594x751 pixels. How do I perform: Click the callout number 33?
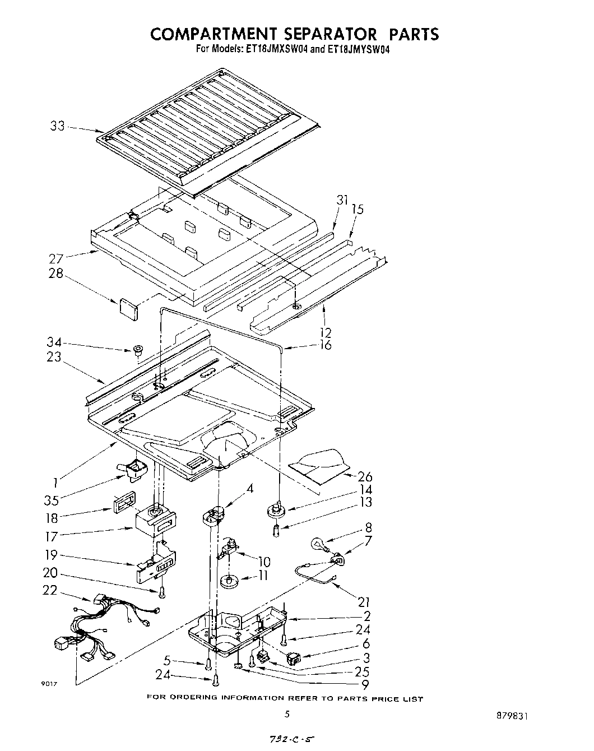(x=57, y=126)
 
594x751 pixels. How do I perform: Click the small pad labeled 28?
(x=128, y=309)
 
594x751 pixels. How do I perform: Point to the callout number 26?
(x=365, y=477)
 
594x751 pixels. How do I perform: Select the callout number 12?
(x=325, y=332)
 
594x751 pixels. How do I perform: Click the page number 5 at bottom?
(x=287, y=714)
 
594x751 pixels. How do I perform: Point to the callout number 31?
(x=342, y=200)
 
